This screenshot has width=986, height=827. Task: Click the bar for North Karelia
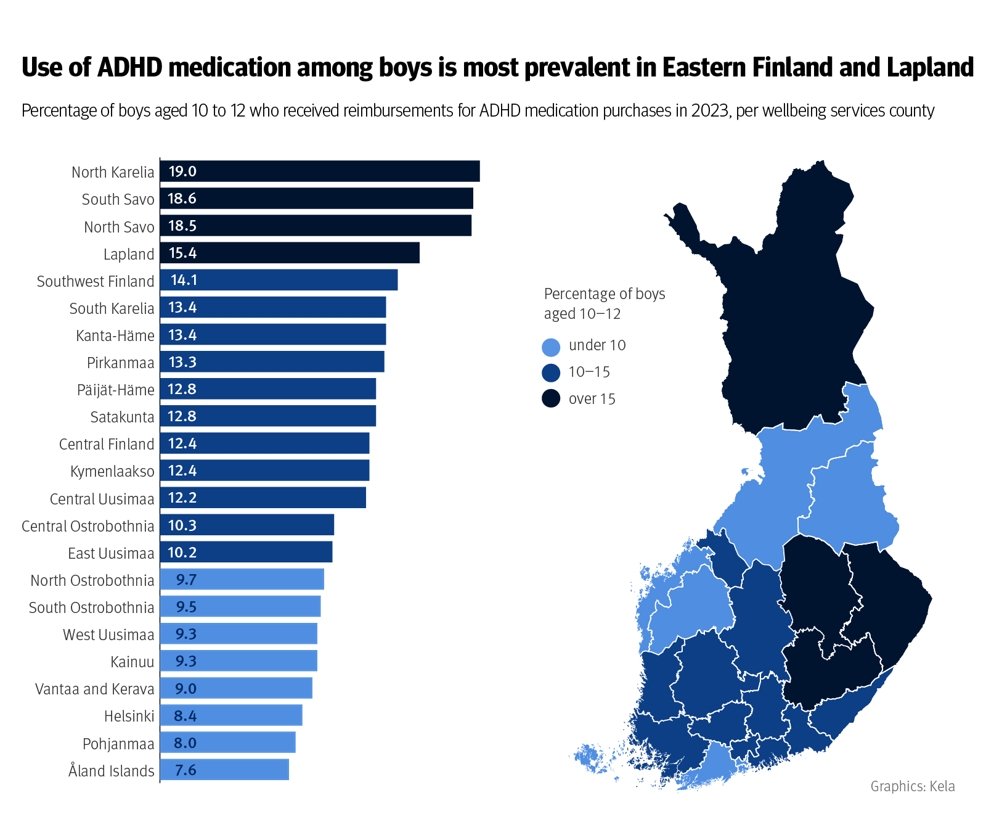319,171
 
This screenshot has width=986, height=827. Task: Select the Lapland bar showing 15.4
290,253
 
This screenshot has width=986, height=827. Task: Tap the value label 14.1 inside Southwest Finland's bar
184,281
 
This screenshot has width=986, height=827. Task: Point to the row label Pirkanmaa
120,363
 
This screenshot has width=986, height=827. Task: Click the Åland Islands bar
224,770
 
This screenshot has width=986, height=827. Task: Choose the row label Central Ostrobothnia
88,526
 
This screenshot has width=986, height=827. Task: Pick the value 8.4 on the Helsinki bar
185,716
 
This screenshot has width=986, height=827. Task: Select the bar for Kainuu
238,661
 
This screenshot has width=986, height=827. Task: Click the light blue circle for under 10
551,347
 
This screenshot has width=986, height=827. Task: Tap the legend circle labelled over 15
551,399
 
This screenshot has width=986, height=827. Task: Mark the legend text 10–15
589,372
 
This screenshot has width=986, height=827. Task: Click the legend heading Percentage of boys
605,294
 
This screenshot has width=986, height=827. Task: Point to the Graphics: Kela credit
912,786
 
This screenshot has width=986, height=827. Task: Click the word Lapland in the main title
930,67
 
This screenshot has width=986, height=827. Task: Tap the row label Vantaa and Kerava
94,689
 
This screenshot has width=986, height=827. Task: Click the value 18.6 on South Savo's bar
182,199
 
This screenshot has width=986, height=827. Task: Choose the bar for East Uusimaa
246,552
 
